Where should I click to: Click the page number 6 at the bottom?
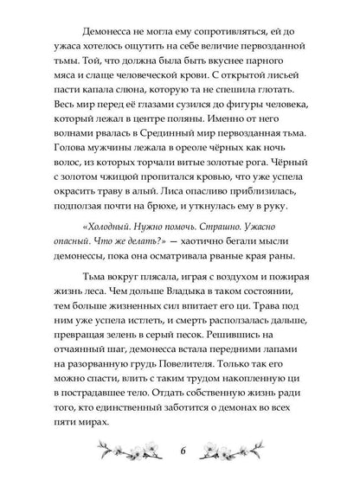[180, 453]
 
